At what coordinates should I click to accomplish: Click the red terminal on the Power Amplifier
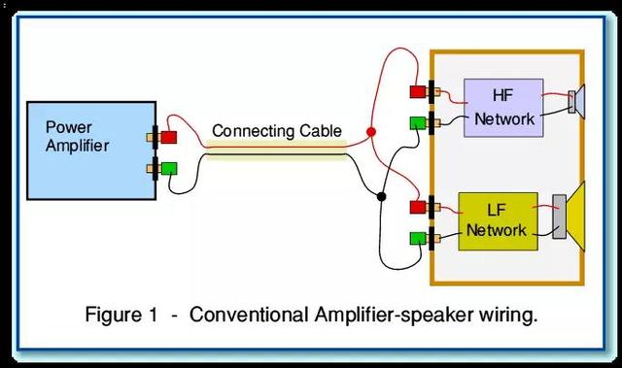[x=169, y=138]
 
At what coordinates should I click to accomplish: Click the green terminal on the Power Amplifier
[x=169, y=169]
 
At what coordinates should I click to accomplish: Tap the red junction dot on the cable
[x=371, y=132]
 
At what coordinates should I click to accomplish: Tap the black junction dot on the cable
[x=381, y=196]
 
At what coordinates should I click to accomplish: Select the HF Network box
[x=503, y=108]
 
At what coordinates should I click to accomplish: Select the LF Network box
[x=499, y=221]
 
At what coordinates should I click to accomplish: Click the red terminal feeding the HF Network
[x=418, y=92]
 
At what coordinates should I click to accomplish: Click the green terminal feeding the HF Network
[x=418, y=122]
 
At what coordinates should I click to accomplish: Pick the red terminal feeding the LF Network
[x=418, y=207]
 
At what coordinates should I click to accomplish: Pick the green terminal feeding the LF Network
[x=418, y=239]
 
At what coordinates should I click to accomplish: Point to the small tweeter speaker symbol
[x=577, y=102]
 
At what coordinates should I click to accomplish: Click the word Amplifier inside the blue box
[x=78, y=146]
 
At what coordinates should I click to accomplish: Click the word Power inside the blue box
[x=69, y=127]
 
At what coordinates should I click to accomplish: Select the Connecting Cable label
[x=277, y=131]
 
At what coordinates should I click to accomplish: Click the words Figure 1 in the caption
[x=121, y=315]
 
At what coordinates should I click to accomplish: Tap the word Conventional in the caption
[x=249, y=315]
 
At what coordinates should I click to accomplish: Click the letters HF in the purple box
[x=503, y=95]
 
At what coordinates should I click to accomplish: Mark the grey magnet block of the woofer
[x=560, y=217]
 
